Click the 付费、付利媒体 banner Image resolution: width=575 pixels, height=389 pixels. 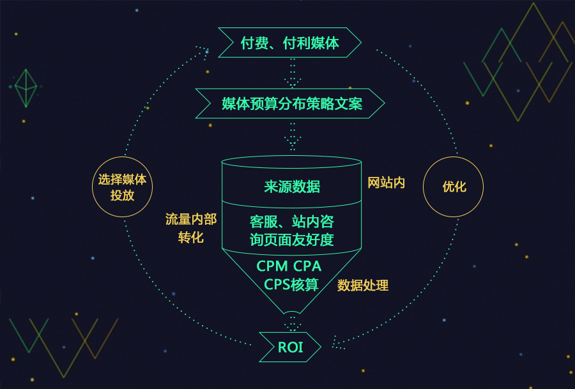pyautogui.click(x=289, y=43)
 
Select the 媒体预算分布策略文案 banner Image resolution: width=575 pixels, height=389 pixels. pyautogui.click(x=291, y=103)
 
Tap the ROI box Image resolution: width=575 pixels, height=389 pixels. pyautogui.click(x=290, y=347)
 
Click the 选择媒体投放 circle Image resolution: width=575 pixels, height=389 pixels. pyautogui.click(x=122, y=187)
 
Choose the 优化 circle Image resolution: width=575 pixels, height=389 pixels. pyautogui.click(x=454, y=187)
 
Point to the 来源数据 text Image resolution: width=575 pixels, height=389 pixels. pyautogui.click(x=292, y=187)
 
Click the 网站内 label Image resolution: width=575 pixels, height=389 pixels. pyautogui.click(x=386, y=183)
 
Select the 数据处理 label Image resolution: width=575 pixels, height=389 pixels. pyautogui.click(x=363, y=286)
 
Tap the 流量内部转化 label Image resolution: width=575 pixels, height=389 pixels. pyautogui.click(x=190, y=228)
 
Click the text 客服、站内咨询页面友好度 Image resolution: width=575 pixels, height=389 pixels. pyautogui.click(x=292, y=231)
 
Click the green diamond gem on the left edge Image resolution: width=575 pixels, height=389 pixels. pyautogui.click(x=26, y=88)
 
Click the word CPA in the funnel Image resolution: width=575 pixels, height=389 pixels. pyautogui.click(x=307, y=266)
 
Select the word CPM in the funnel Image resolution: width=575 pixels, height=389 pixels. pyautogui.click(x=271, y=266)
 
